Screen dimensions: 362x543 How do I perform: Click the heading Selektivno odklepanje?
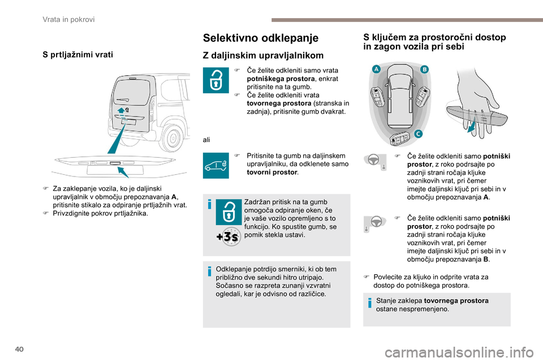click(260, 38)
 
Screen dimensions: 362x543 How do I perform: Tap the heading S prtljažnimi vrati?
click(77, 55)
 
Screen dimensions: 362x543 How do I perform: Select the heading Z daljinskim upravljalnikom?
click(263, 55)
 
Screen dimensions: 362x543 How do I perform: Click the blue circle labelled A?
click(375, 69)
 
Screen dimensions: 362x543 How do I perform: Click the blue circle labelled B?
click(424, 69)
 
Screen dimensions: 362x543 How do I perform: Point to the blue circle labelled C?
click(417, 133)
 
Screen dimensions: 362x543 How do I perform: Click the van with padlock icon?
click(216, 165)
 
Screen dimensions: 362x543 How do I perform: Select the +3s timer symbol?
click(228, 236)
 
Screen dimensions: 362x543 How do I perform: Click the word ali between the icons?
click(206, 139)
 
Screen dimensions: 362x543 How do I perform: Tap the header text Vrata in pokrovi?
click(68, 19)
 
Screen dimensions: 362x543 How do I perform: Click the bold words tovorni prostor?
click(269, 171)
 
